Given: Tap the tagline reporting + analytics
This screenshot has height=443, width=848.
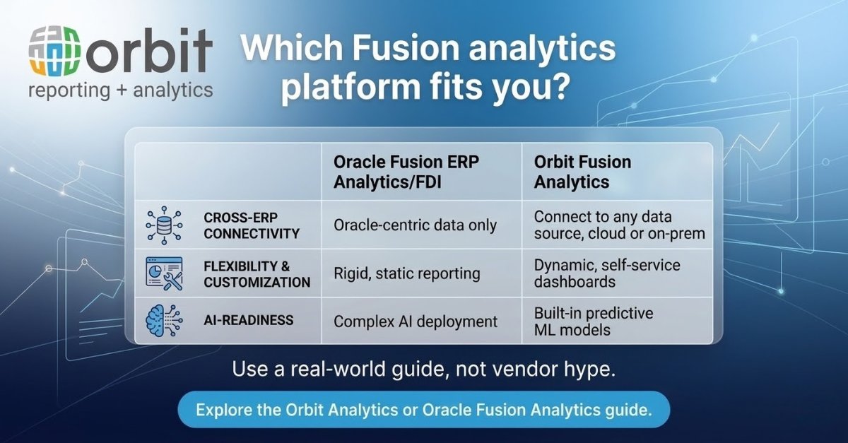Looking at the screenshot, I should (x=120, y=91).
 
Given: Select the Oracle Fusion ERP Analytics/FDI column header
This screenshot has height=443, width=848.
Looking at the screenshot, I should (x=406, y=172).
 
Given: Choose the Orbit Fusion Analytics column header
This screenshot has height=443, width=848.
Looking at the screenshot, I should (x=582, y=172).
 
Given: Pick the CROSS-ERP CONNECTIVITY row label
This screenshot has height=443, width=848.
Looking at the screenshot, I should (x=252, y=225).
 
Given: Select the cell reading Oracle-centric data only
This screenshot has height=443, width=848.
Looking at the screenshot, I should (x=415, y=225).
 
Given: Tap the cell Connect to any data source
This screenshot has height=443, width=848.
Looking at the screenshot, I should (x=619, y=225).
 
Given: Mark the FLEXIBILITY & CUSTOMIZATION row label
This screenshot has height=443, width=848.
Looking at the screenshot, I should (x=257, y=274).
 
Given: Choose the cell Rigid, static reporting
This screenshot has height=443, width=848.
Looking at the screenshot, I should (x=406, y=273).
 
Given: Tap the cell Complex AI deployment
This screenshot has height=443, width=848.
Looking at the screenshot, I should (x=416, y=321).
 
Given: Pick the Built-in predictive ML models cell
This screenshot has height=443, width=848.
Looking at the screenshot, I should (x=593, y=321).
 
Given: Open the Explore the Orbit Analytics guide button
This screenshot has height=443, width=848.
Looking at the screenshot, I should (x=423, y=409).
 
